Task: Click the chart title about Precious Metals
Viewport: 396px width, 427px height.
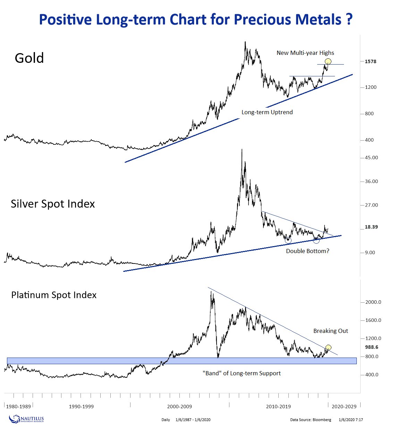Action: coord(196,19)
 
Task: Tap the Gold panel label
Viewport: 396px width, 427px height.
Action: coord(30,58)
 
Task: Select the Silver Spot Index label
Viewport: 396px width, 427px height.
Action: coord(53,204)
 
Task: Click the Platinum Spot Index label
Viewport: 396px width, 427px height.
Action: coord(54,295)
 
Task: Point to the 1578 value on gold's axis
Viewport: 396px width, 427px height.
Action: coord(370,61)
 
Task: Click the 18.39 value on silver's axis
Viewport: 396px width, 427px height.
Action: coord(371,227)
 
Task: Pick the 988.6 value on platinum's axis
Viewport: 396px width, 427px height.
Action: coord(371,347)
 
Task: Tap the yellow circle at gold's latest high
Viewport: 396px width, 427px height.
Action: coord(328,61)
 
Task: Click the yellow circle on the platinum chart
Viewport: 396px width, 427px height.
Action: coord(328,347)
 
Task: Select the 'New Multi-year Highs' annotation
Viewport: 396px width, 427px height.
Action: coord(305,53)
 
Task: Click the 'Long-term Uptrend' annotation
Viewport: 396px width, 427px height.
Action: coord(267,112)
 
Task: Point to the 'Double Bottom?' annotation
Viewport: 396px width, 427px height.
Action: coord(307,251)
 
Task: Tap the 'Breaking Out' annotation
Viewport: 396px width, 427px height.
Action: coord(330,331)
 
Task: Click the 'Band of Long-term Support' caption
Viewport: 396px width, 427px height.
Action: coord(242,374)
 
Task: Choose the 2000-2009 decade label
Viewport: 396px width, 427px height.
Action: coord(179,407)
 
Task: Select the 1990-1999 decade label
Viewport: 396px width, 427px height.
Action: coord(81,407)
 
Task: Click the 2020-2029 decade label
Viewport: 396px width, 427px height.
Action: coord(344,407)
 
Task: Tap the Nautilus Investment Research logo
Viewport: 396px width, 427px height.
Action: coord(26,419)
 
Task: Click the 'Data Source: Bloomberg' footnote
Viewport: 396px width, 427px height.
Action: coord(311,420)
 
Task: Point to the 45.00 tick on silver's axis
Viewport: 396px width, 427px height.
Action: coord(371,158)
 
